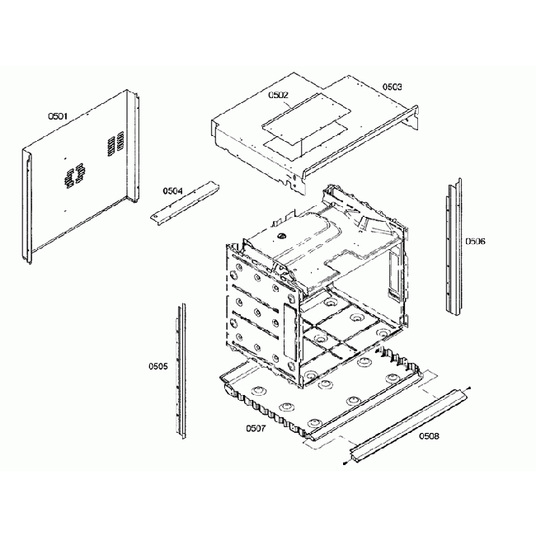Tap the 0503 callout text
point(392,87)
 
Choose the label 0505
point(158,365)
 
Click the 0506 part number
point(475,242)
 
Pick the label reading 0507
point(256,428)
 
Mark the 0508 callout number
point(429,435)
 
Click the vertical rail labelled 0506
point(452,247)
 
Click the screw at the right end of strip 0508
point(468,388)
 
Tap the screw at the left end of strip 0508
point(342,464)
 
